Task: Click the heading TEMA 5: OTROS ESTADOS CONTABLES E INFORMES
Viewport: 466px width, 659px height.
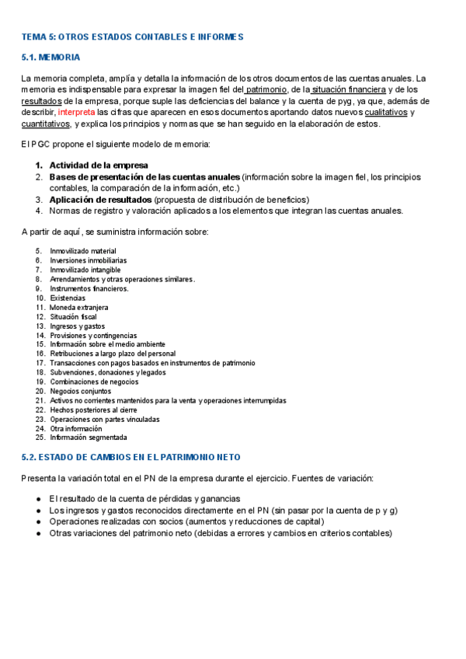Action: (132, 37)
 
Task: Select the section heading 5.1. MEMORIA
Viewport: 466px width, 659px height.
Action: (50, 58)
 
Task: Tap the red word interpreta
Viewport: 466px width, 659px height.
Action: (77, 112)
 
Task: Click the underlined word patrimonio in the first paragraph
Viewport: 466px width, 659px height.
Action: (266, 89)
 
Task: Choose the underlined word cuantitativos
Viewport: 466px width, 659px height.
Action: (45, 124)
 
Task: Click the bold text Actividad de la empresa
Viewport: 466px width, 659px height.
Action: (99, 166)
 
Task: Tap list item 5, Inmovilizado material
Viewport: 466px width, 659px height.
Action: (83, 251)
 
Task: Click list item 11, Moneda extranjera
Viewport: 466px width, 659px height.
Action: (78, 307)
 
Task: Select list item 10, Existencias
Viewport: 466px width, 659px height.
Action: (68, 298)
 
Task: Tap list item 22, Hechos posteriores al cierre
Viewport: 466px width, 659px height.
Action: (93, 410)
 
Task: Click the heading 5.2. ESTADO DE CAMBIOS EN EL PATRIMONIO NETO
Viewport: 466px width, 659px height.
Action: (131, 457)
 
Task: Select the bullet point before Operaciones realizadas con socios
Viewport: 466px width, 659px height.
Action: (39, 521)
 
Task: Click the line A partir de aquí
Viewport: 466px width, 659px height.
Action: (115, 232)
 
